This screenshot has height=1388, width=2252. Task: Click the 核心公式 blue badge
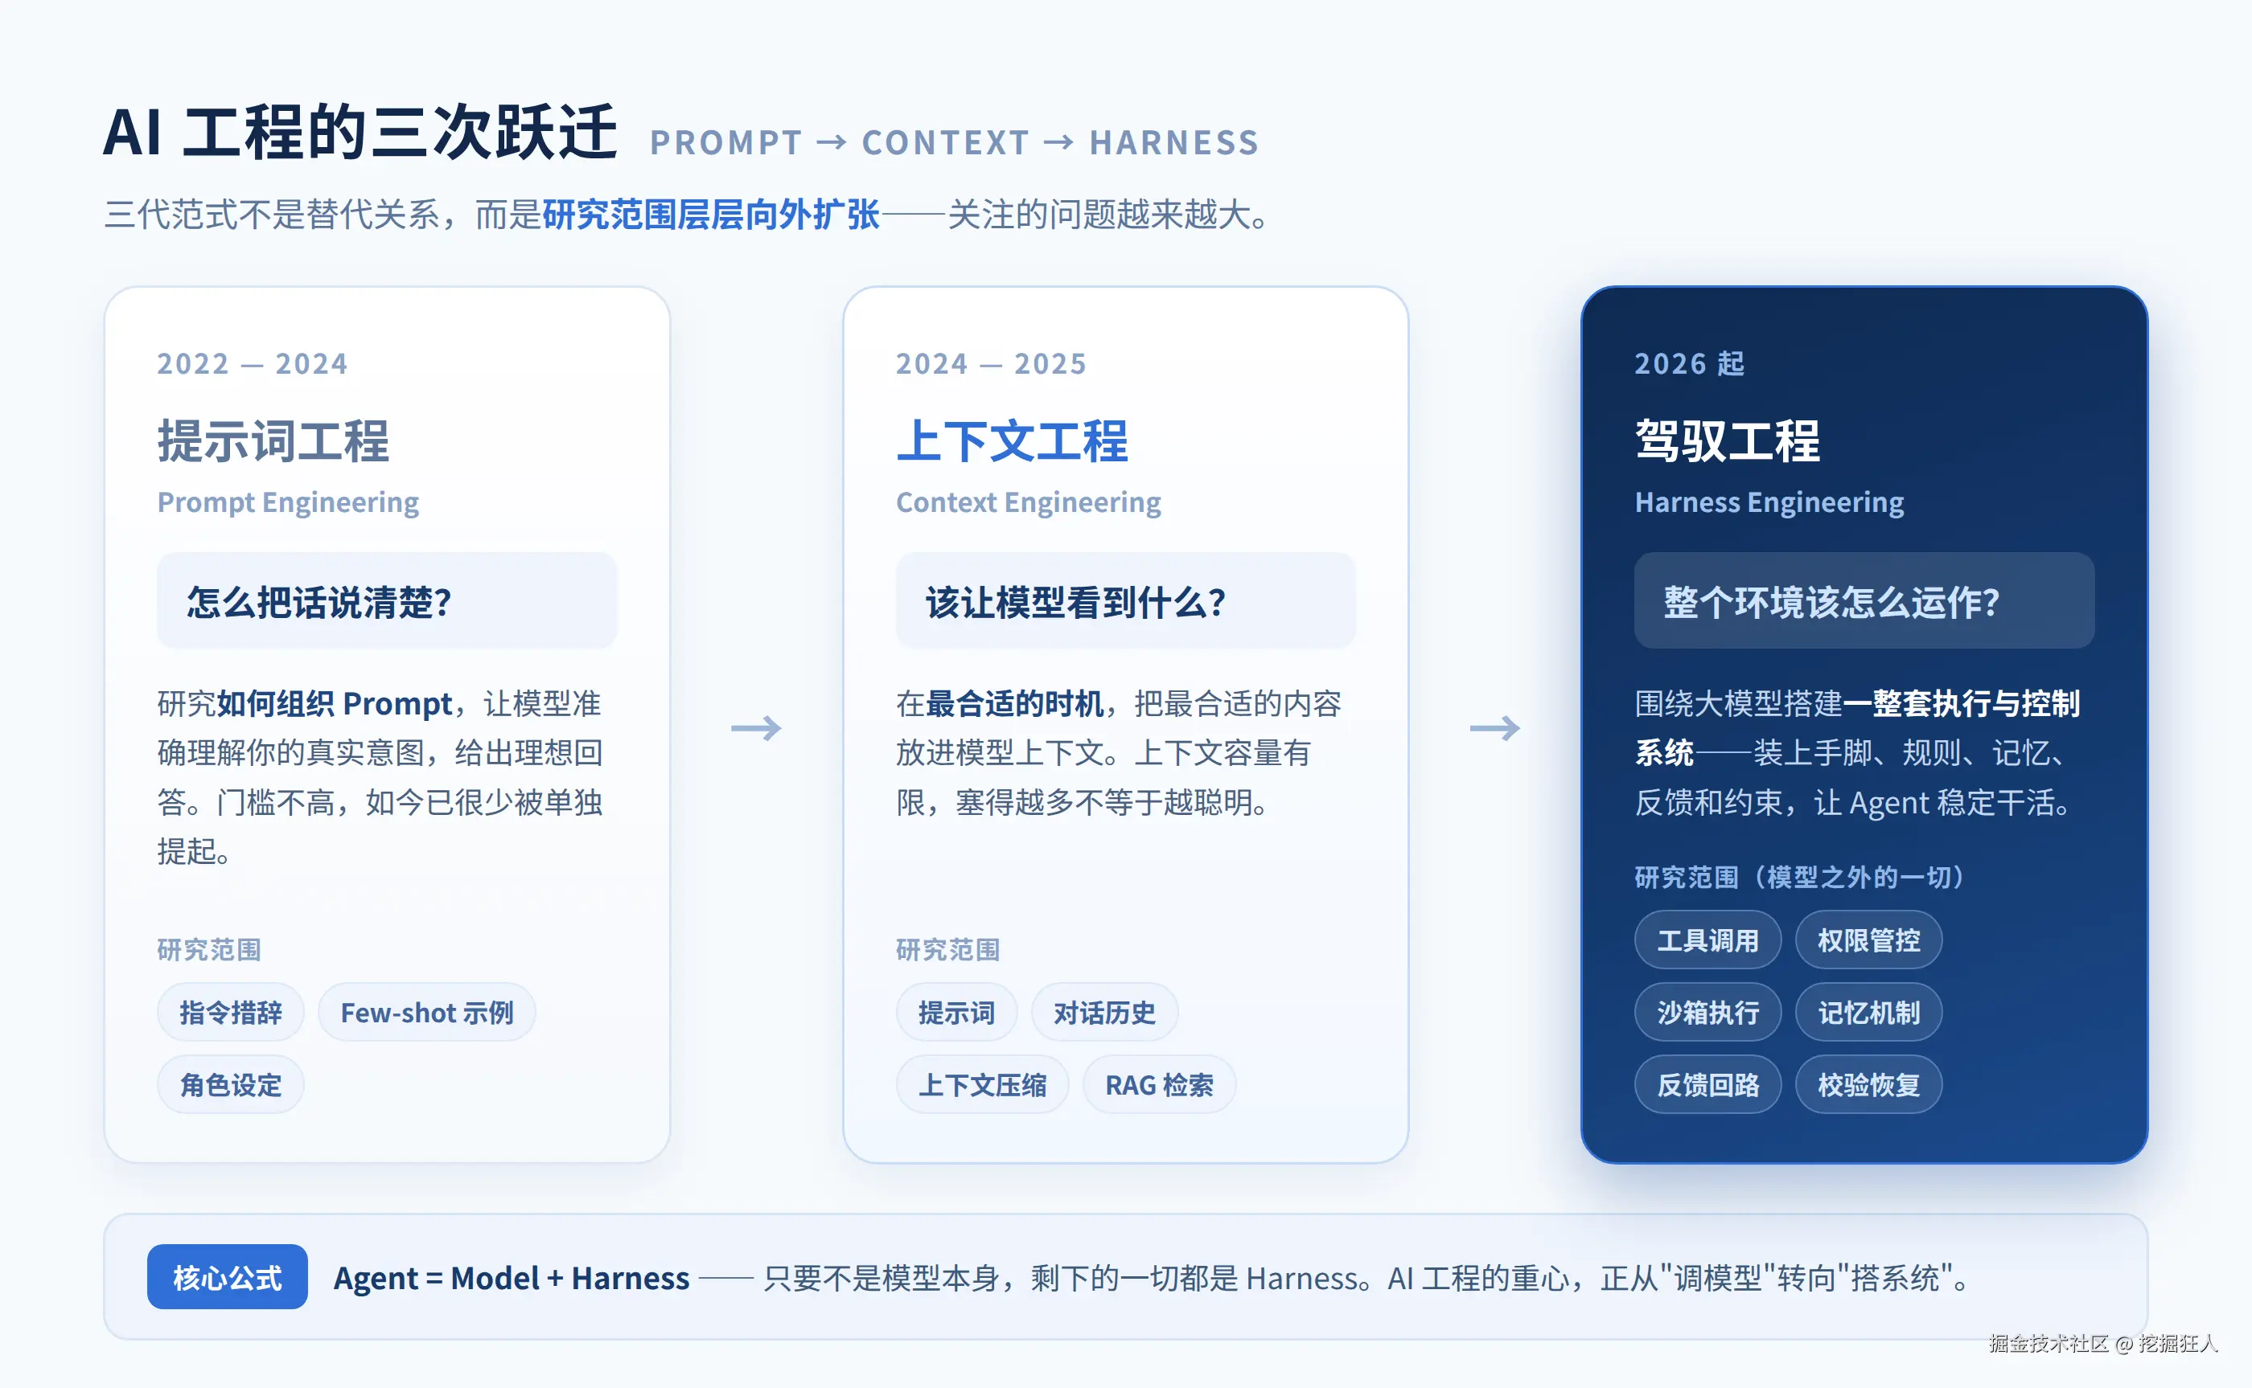(x=227, y=1277)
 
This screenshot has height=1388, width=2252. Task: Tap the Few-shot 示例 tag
(x=427, y=1013)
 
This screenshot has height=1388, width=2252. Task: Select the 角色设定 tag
(x=231, y=1085)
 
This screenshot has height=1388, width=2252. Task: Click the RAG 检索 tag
(x=1159, y=1085)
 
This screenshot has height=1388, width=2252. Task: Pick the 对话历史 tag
(x=1104, y=1013)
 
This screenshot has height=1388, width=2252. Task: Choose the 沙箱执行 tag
(x=1708, y=1013)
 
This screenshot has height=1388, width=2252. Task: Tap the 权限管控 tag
(x=1869, y=940)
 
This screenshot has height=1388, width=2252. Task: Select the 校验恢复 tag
(x=1869, y=1085)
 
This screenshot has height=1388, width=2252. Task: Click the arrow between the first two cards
(x=756, y=728)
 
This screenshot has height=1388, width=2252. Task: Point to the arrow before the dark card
(x=1495, y=728)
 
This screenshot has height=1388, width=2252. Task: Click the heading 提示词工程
(x=273, y=441)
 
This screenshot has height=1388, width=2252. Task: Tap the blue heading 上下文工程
(x=1012, y=441)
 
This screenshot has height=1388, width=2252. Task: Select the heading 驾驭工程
(x=1728, y=441)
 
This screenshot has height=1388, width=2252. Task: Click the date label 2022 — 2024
(x=253, y=363)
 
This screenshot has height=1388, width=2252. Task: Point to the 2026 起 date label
(x=1690, y=363)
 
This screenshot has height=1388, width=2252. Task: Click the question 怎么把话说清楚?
(x=319, y=602)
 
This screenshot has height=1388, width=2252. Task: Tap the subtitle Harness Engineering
(x=1769, y=503)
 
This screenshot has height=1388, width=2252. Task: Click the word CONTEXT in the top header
(x=946, y=143)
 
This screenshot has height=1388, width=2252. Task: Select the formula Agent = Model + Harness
(x=512, y=1278)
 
